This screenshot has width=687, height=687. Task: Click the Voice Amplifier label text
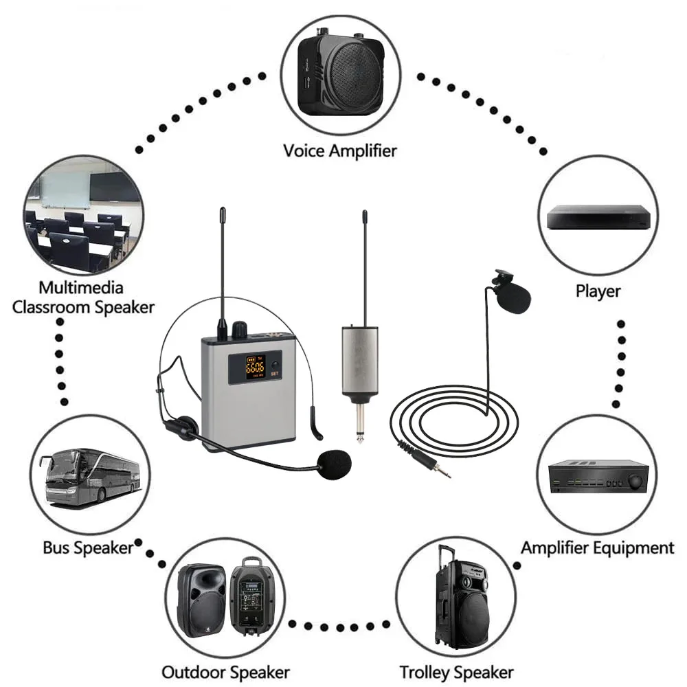(x=340, y=150)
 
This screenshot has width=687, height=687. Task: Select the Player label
(x=598, y=291)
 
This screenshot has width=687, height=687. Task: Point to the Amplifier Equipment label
(x=597, y=548)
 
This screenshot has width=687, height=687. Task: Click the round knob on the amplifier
(x=636, y=481)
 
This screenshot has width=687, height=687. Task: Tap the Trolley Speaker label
(x=456, y=671)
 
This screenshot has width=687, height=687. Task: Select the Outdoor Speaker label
(x=225, y=671)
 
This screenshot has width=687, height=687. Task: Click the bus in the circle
(x=89, y=474)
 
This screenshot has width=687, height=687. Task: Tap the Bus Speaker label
(x=87, y=548)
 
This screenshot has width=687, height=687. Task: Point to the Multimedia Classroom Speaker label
(x=82, y=297)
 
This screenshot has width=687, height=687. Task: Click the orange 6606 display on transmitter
(x=255, y=365)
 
